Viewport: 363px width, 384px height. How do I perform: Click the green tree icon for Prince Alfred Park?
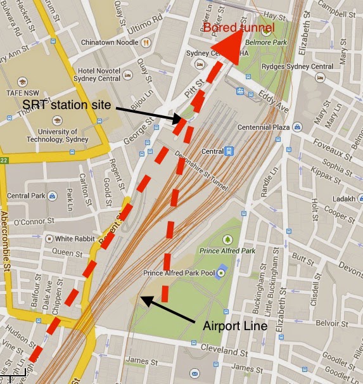coord(227,240)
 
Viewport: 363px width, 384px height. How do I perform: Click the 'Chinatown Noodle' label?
coord(109,42)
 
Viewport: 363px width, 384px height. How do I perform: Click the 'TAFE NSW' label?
coord(23,92)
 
